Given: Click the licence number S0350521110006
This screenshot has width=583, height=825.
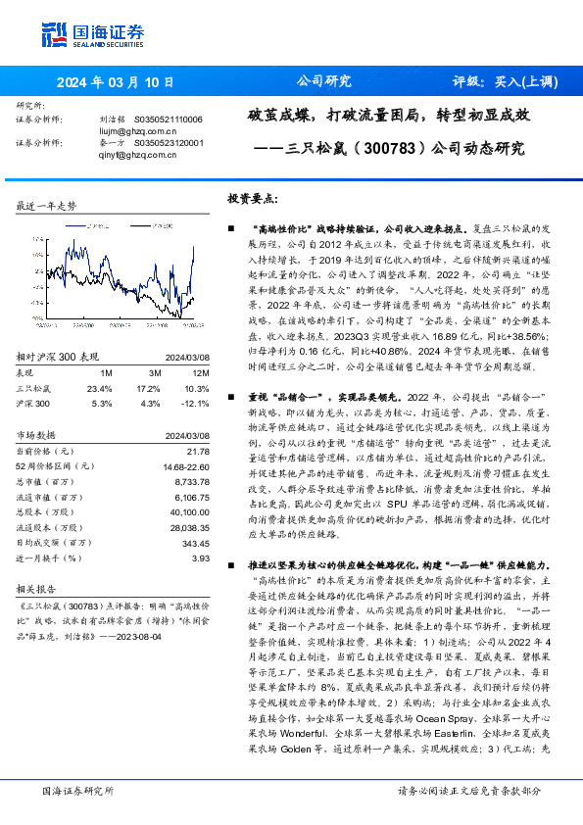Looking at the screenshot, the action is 168,120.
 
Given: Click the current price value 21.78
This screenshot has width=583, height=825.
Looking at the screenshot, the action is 199,450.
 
